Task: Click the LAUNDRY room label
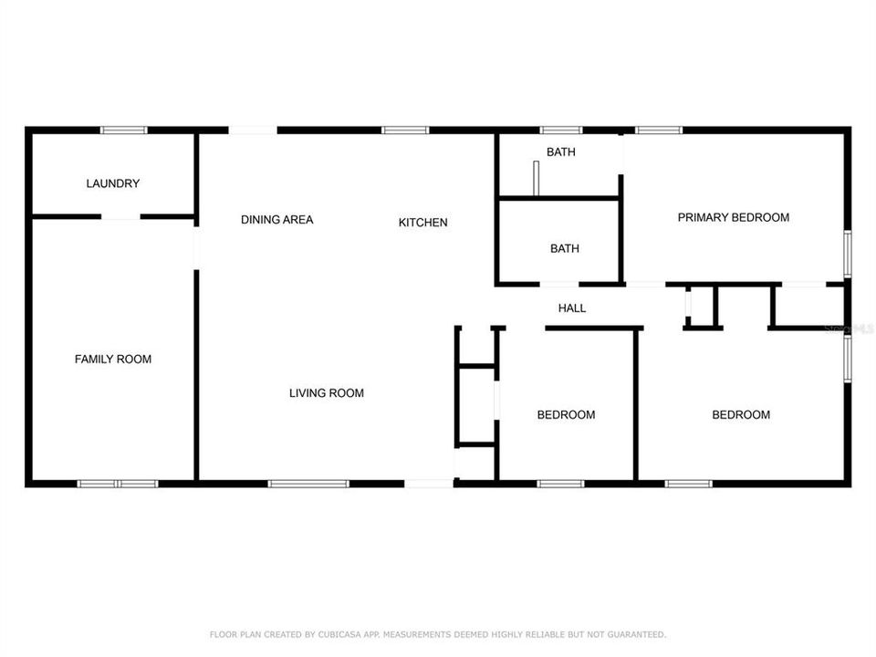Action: click(x=113, y=183)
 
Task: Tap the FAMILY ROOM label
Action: click(x=113, y=360)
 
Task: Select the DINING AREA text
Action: click(x=277, y=220)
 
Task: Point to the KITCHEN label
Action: click(x=423, y=223)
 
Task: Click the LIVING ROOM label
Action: click(x=327, y=393)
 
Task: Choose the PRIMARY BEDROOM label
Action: click(x=734, y=217)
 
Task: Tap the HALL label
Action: click(x=572, y=308)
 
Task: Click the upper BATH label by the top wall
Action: click(x=561, y=152)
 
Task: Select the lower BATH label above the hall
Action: click(x=565, y=248)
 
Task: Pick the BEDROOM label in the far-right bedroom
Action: click(x=741, y=415)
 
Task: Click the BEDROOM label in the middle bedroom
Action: click(x=566, y=415)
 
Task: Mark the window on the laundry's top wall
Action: click(x=124, y=130)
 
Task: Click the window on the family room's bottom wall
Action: click(x=118, y=483)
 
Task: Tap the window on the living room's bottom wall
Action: click(x=308, y=483)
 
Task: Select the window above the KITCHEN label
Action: click(x=405, y=130)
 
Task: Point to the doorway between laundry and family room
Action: click(x=120, y=217)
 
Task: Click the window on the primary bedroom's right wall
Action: click(x=847, y=254)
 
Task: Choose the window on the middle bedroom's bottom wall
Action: click(x=560, y=483)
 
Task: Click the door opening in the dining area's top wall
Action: click(x=253, y=130)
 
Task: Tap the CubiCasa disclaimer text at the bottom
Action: click(x=438, y=633)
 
